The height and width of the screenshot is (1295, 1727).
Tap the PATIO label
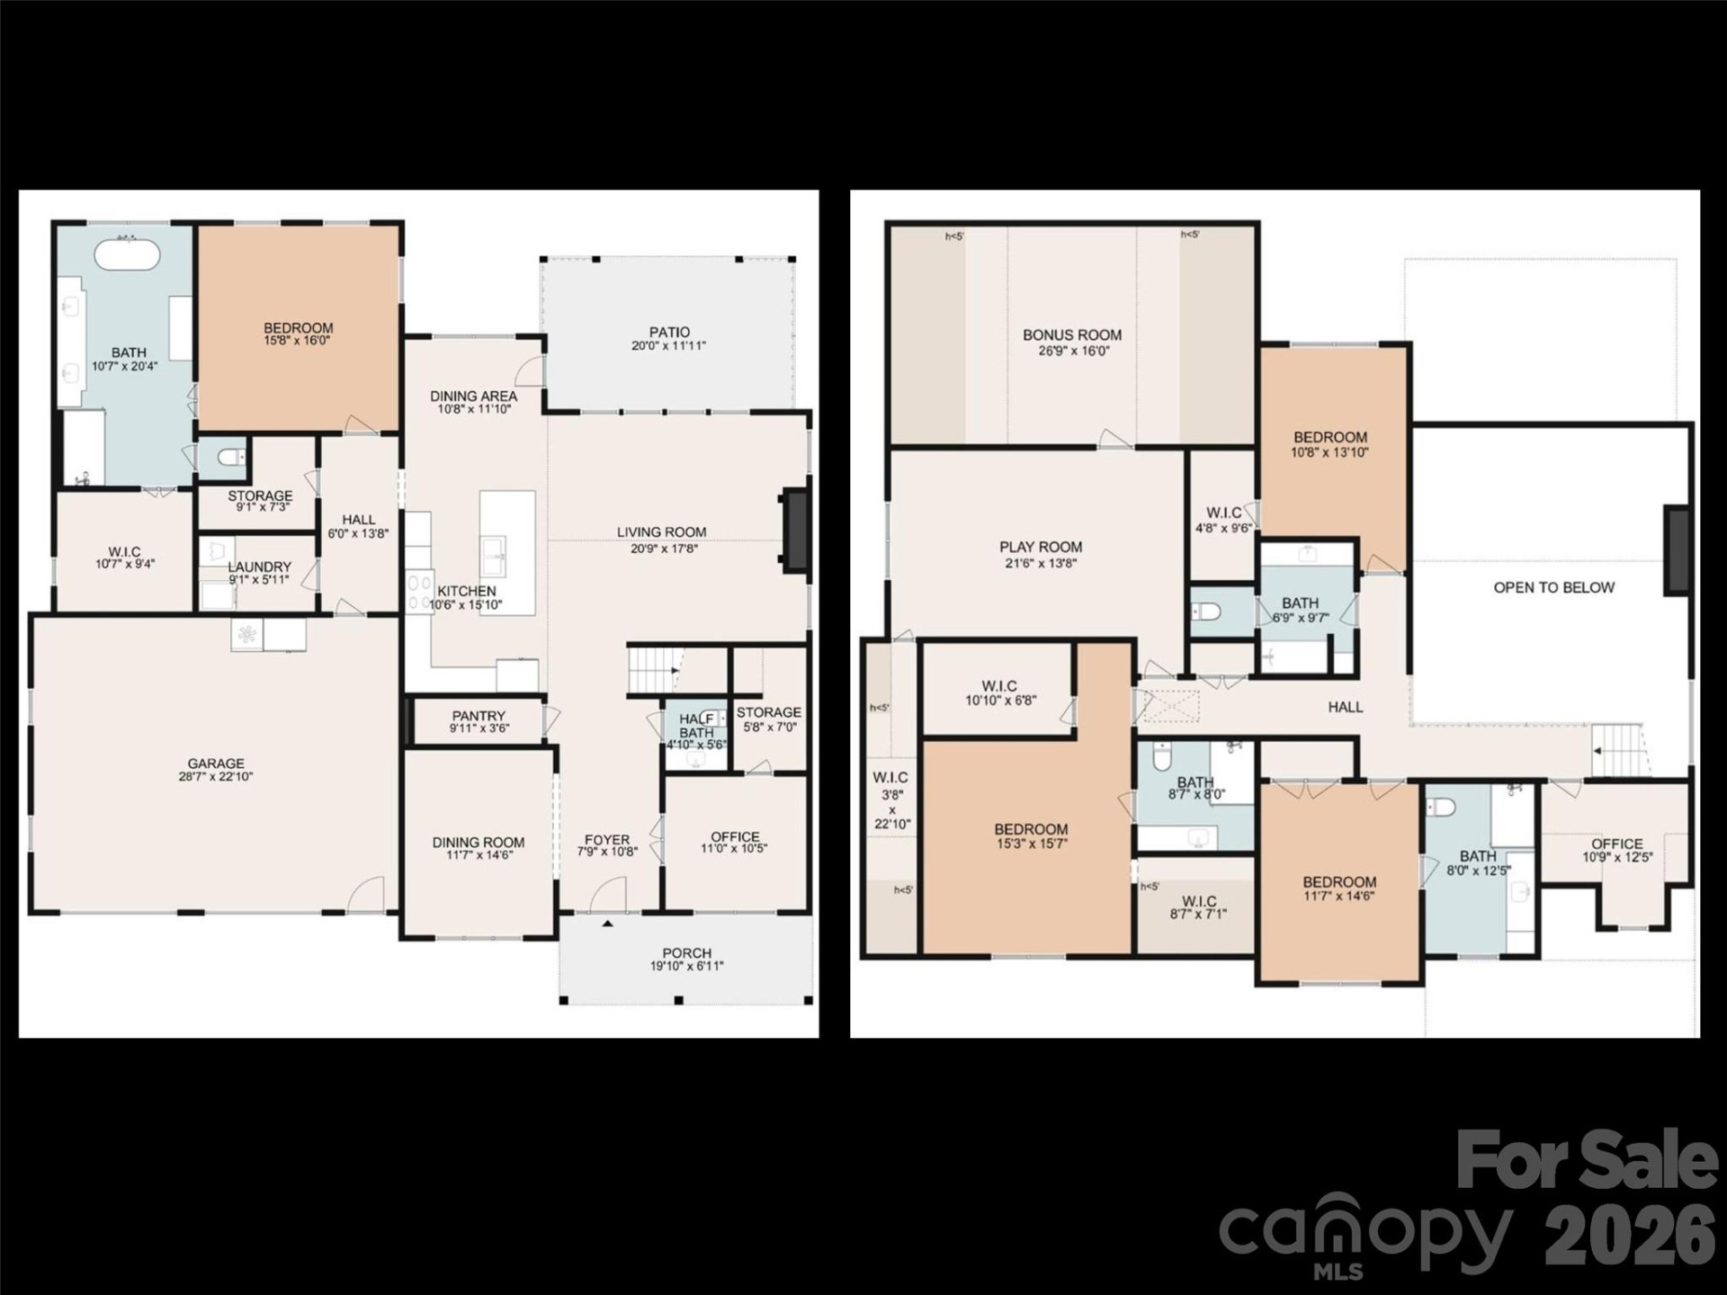click(x=669, y=333)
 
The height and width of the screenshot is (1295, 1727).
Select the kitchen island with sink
click(x=506, y=552)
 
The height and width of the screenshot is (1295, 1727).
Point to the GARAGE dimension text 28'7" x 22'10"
click(x=216, y=777)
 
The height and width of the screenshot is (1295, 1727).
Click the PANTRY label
click(x=479, y=716)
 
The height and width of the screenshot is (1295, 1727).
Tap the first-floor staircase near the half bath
click(x=652, y=670)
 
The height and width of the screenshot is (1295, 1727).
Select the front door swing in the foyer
click(x=609, y=896)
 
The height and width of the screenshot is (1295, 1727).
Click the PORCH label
click(x=686, y=953)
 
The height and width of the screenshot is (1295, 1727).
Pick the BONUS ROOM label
click(x=1072, y=335)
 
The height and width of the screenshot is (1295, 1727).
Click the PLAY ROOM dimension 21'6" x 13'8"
click(x=1041, y=564)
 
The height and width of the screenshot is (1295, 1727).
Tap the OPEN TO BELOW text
click(x=1553, y=587)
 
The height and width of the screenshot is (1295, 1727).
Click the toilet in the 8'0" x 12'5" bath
click(x=1442, y=807)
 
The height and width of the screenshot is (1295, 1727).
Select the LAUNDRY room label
click(x=259, y=567)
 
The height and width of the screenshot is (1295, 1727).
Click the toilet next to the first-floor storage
click(x=231, y=458)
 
